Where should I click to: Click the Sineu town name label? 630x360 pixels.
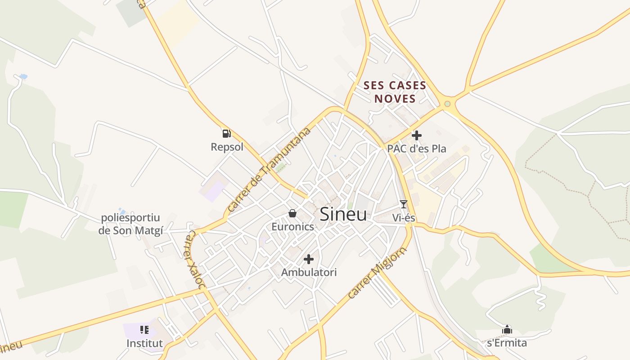[343, 215]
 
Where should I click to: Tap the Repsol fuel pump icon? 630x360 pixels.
[226, 133]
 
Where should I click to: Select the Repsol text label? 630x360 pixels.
[227, 147]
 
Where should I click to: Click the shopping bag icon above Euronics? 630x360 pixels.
[292, 213]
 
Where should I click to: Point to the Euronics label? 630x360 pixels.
[292, 227]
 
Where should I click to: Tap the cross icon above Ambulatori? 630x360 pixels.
[309, 259]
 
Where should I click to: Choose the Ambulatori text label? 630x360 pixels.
[309, 272]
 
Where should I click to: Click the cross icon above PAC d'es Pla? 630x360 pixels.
[417, 135]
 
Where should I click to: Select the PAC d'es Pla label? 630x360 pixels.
[417, 148]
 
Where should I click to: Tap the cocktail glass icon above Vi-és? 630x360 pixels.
[403, 204]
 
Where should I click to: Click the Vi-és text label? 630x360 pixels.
[404, 218]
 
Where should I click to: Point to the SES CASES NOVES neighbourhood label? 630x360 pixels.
[395, 92]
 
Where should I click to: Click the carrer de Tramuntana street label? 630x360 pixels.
[269, 170]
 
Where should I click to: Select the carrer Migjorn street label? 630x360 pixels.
[377, 273]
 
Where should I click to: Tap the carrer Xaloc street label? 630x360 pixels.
[196, 260]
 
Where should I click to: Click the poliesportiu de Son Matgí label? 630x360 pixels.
[130, 224]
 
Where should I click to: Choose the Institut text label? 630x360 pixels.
[144, 343]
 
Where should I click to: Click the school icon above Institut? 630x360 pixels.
[144, 330]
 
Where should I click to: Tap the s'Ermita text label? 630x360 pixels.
[507, 343]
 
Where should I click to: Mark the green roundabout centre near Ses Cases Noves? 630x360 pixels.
[447, 104]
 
